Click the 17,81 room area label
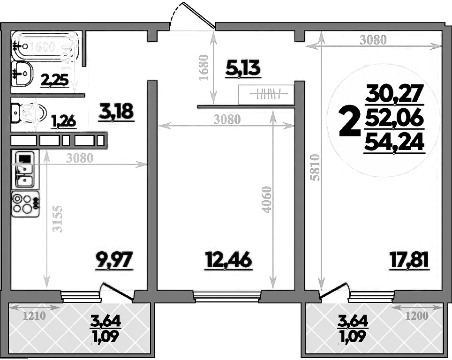click(408, 260)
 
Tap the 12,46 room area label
click(228, 260)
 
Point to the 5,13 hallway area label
click(242, 69)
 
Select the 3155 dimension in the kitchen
click(57, 218)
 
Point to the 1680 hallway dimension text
click(203, 68)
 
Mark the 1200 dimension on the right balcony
click(416, 316)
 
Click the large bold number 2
click(349, 120)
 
